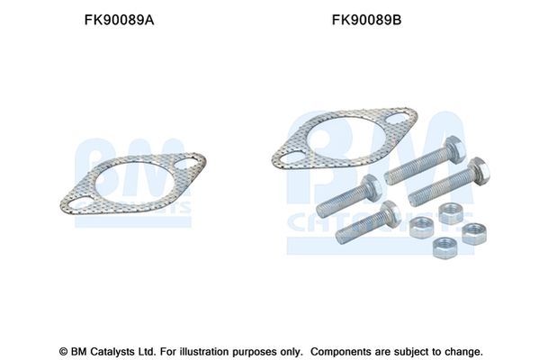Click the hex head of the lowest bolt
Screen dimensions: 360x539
point(391,212)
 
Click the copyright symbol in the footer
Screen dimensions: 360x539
point(62,351)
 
